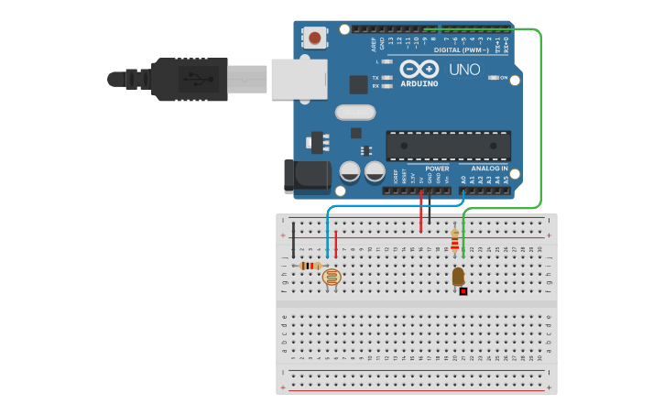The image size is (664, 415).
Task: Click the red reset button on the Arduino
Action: [315, 38]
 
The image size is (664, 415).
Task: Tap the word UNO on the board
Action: [464, 70]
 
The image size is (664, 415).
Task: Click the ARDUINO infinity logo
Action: [418, 70]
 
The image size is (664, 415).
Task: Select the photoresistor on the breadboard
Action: [332, 276]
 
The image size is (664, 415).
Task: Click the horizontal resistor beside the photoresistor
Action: [310, 266]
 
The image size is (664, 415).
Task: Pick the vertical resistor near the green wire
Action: [455, 241]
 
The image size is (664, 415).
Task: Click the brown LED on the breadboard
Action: [458, 275]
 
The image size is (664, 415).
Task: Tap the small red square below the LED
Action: [463, 291]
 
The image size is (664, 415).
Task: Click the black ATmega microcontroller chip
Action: [448, 146]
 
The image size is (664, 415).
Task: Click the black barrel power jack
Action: [306, 176]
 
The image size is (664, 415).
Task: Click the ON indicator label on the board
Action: [504, 78]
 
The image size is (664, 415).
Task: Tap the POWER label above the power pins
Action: [438, 169]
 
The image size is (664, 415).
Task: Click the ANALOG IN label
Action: [489, 169]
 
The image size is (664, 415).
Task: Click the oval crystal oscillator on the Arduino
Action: [355, 113]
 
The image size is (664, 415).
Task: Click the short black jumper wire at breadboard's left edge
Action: [293, 240]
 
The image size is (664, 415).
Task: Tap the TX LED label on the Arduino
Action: [376, 78]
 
